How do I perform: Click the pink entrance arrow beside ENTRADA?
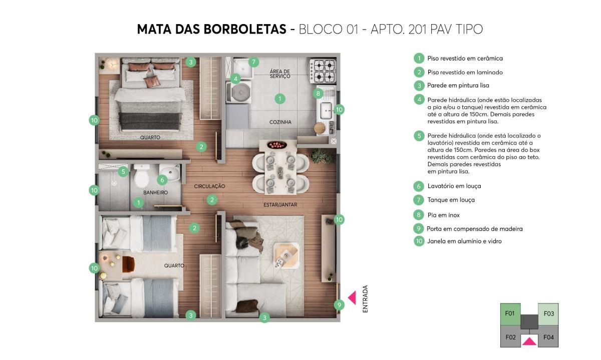tap(352, 298)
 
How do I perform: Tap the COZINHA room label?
tap(280, 122)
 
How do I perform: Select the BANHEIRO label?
tap(155, 192)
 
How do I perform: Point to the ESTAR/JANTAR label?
tap(280, 205)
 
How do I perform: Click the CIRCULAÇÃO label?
tap(209, 186)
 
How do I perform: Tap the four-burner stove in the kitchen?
tap(323, 71)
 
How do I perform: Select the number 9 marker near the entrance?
tap(339, 304)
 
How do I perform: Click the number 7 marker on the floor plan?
tap(253, 62)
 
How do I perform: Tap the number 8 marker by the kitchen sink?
tap(318, 93)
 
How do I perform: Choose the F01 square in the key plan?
tap(510, 314)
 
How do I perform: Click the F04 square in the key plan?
tap(548, 337)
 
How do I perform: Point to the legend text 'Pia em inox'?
tap(443, 215)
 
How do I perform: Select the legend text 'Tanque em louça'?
tap(451, 200)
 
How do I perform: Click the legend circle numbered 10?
tap(419, 241)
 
